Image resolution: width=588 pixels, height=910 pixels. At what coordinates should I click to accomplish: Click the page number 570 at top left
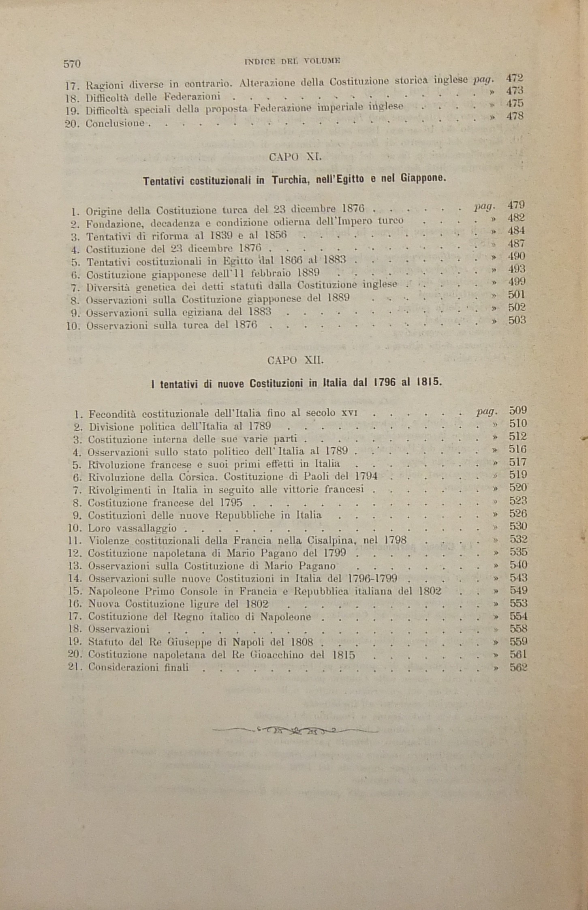coord(72,64)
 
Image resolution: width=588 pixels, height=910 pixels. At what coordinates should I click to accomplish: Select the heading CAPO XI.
coord(295,157)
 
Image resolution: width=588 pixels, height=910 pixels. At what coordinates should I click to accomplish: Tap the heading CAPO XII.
coord(295,360)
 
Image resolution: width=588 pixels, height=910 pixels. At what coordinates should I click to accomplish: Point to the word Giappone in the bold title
coord(424,178)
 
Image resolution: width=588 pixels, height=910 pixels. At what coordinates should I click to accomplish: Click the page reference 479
coord(516,205)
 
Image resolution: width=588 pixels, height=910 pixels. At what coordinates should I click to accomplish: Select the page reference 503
coord(517,320)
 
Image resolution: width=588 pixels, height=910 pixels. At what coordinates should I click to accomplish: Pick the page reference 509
coord(517,410)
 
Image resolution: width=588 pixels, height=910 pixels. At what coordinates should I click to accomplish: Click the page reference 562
coord(518,667)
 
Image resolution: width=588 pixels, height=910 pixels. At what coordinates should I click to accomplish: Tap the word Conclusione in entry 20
coord(115,123)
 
